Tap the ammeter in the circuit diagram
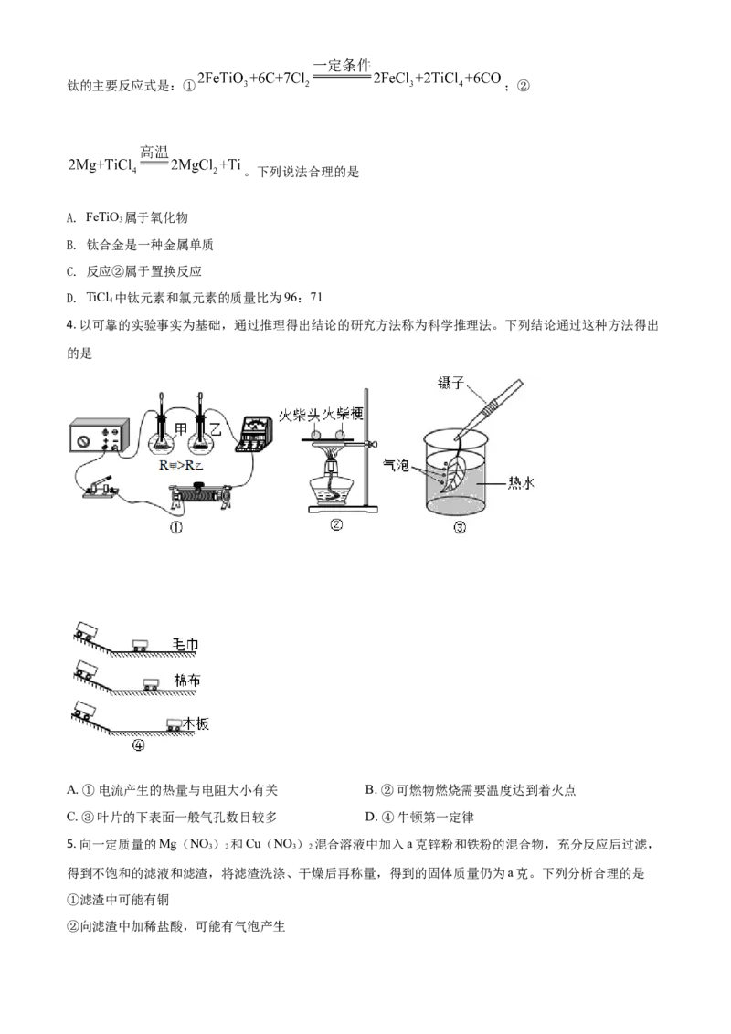pyautogui.click(x=253, y=433)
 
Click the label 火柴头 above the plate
pyautogui.click(x=299, y=414)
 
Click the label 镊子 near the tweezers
pyautogui.click(x=451, y=383)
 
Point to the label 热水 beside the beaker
pyautogui.click(x=521, y=482)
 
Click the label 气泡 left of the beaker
pyautogui.click(x=397, y=465)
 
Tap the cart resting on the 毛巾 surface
pyautogui.click(x=140, y=646)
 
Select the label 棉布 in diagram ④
pyautogui.click(x=186, y=681)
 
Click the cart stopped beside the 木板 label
pyautogui.click(x=174, y=724)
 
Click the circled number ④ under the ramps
pyautogui.click(x=138, y=745)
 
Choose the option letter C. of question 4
pyautogui.click(x=72, y=817)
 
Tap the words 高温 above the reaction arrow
pyautogui.click(x=154, y=151)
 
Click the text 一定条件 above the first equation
pyautogui.click(x=342, y=65)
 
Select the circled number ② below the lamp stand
pyautogui.click(x=336, y=525)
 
